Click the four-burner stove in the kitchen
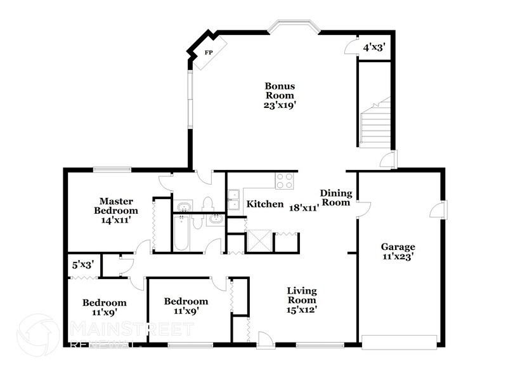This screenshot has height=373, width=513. pos(283,181)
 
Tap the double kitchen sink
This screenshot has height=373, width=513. pos(233,196)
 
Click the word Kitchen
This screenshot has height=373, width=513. pos(264,204)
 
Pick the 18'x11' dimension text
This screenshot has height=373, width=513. pos(304,207)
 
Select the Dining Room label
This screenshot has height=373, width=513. pos(335,198)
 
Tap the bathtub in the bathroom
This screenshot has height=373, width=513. pos(181,234)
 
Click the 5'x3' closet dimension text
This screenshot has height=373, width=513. pos(81,265)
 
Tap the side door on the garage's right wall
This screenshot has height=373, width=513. pos(441,209)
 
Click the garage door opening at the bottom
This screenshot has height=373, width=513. pos(398,341)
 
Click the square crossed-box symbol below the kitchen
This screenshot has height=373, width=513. pos(258,241)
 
